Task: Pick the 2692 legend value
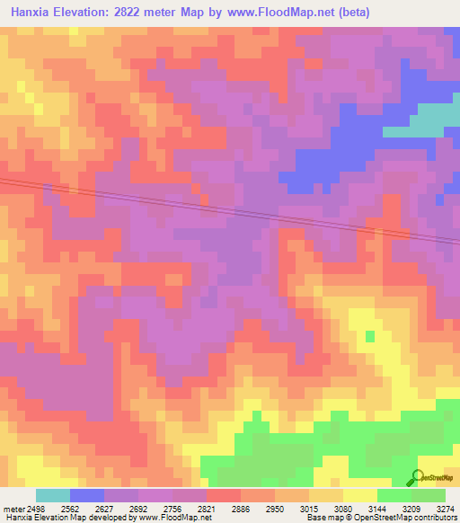tap(138, 509)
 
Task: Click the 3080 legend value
tap(341, 509)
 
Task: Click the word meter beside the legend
tap(13, 509)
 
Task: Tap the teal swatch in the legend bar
tap(53, 495)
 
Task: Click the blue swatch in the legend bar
tap(87, 495)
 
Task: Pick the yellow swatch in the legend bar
tap(360, 495)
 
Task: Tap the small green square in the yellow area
tap(370, 336)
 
